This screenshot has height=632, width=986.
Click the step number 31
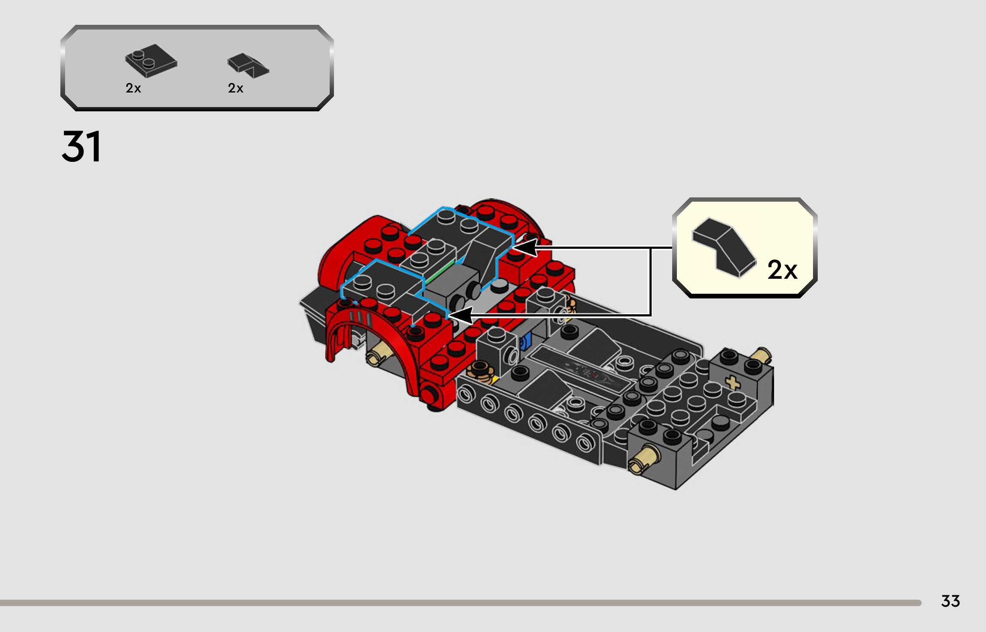(81, 147)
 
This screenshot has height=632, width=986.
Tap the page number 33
(950, 601)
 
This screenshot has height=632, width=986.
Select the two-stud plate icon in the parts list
(151, 61)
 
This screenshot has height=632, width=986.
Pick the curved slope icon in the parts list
(248, 66)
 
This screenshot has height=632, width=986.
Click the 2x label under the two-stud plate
(133, 88)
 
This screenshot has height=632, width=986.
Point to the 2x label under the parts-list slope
(235, 88)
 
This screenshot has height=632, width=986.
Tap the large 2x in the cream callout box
(782, 270)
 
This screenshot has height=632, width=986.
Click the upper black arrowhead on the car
(526, 247)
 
